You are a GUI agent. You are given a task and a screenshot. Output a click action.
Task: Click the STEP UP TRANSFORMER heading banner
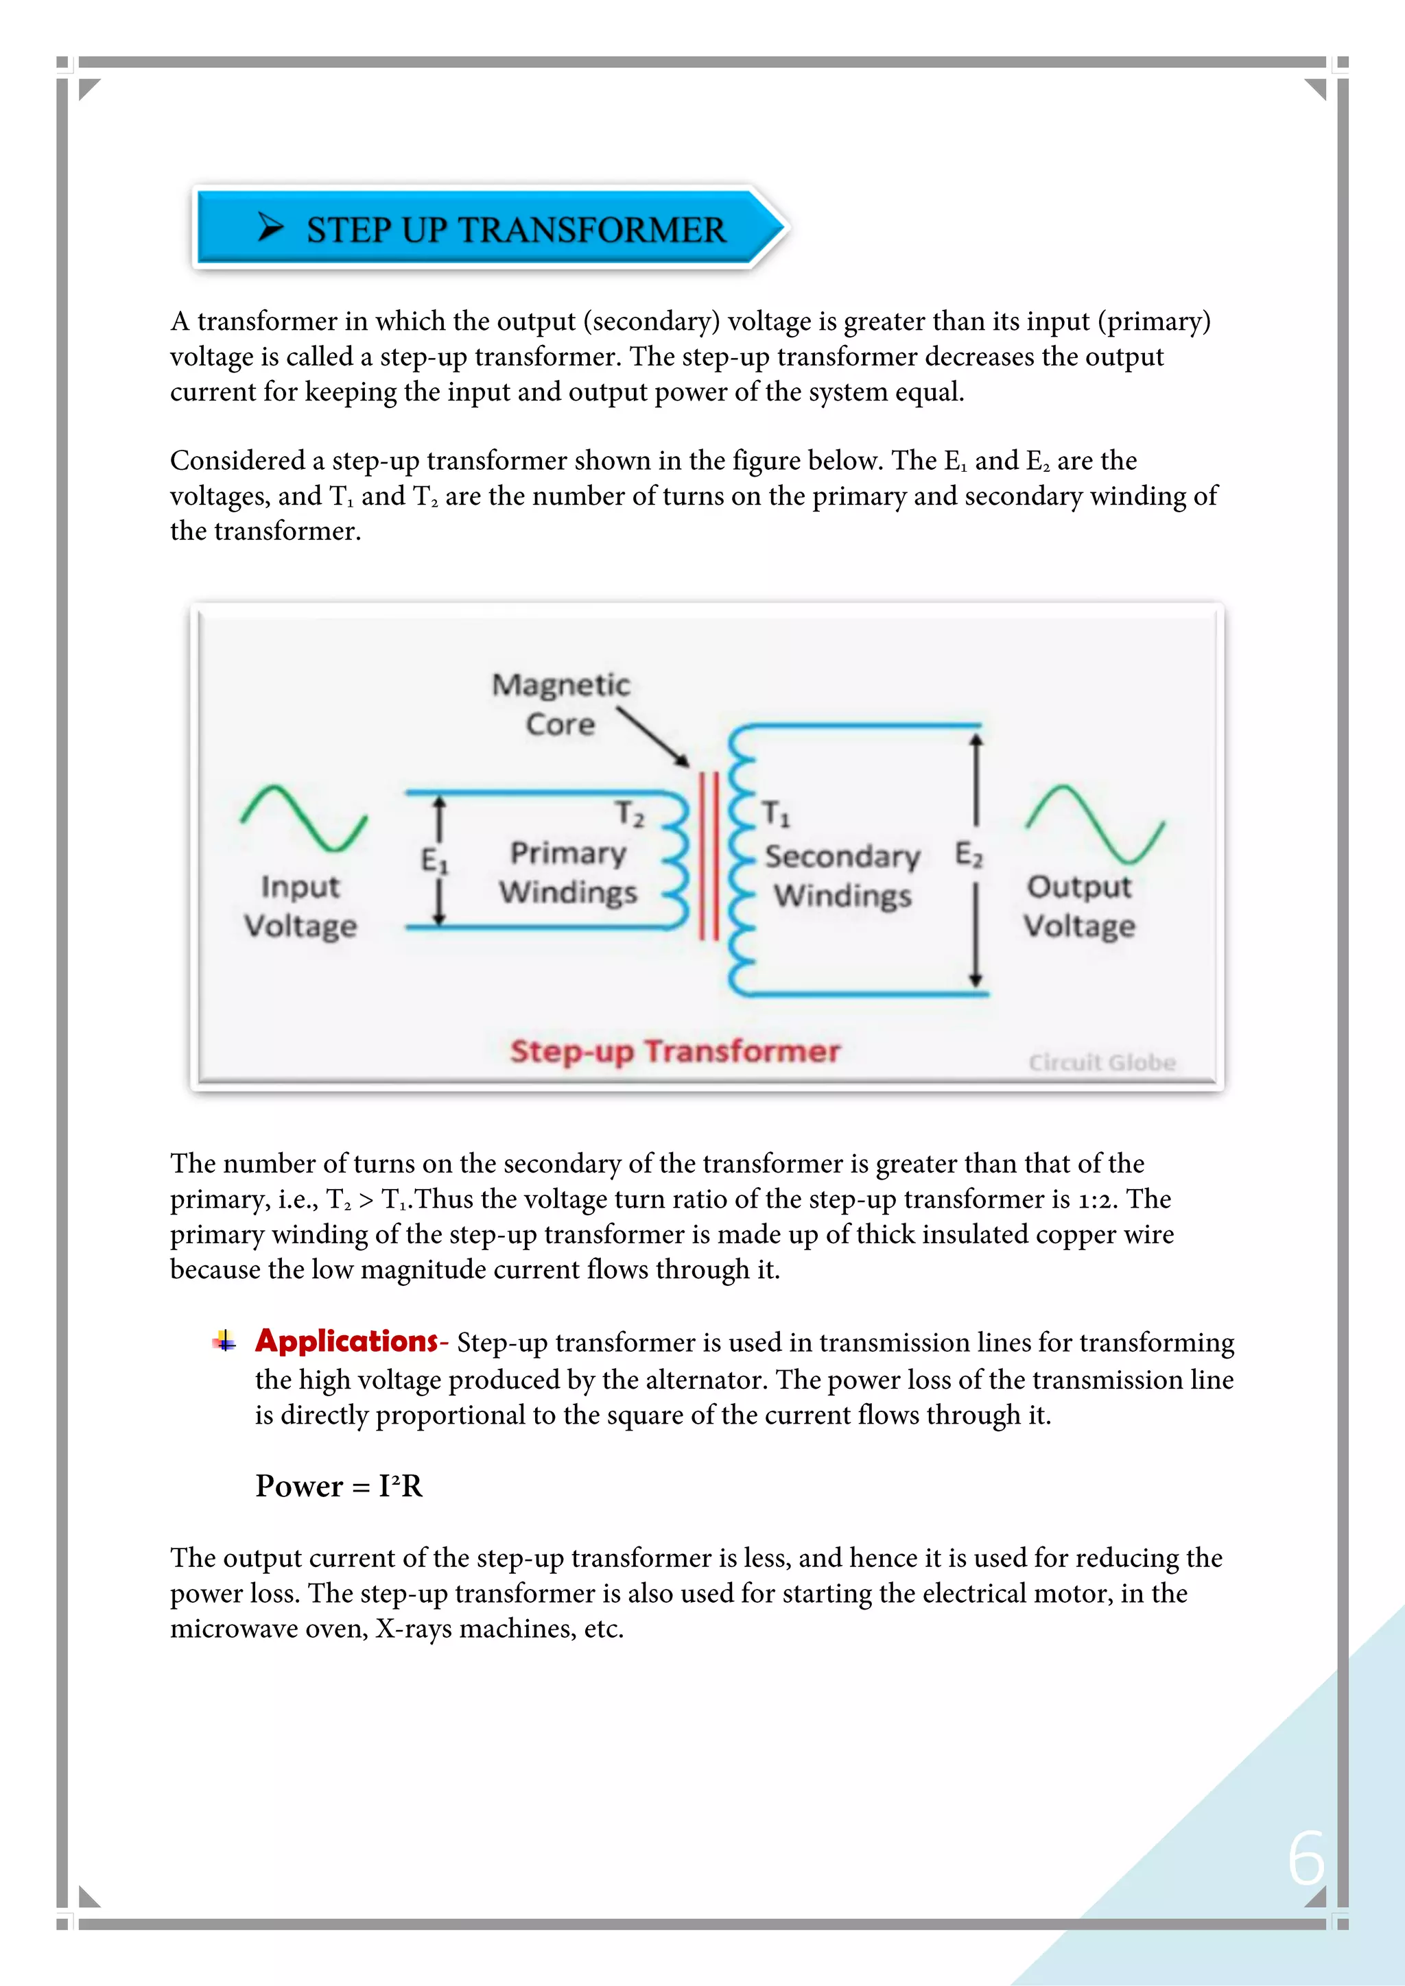click(x=489, y=228)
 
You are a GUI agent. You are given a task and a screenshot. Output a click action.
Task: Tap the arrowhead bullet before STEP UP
click(x=270, y=228)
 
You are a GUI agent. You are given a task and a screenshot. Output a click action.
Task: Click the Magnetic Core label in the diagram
click(x=560, y=704)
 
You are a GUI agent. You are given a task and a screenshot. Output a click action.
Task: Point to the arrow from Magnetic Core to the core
click(x=654, y=737)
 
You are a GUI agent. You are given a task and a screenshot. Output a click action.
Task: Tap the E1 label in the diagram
click(x=434, y=861)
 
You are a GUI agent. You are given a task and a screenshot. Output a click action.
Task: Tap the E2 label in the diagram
click(x=969, y=854)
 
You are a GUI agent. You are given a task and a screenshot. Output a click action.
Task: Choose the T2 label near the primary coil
click(x=630, y=814)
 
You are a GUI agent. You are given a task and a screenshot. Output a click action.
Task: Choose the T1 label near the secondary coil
click(x=775, y=813)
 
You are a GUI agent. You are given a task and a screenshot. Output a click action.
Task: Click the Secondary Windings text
click(x=842, y=875)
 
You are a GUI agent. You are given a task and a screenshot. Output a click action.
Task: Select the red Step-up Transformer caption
click(x=675, y=1051)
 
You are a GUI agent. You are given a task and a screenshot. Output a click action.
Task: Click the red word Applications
click(x=346, y=1341)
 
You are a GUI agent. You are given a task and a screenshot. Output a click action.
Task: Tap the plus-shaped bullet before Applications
click(x=224, y=1341)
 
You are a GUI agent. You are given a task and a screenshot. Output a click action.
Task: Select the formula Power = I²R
click(x=338, y=1486)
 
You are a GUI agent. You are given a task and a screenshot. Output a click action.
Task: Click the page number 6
click(x=1306, y=1858)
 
